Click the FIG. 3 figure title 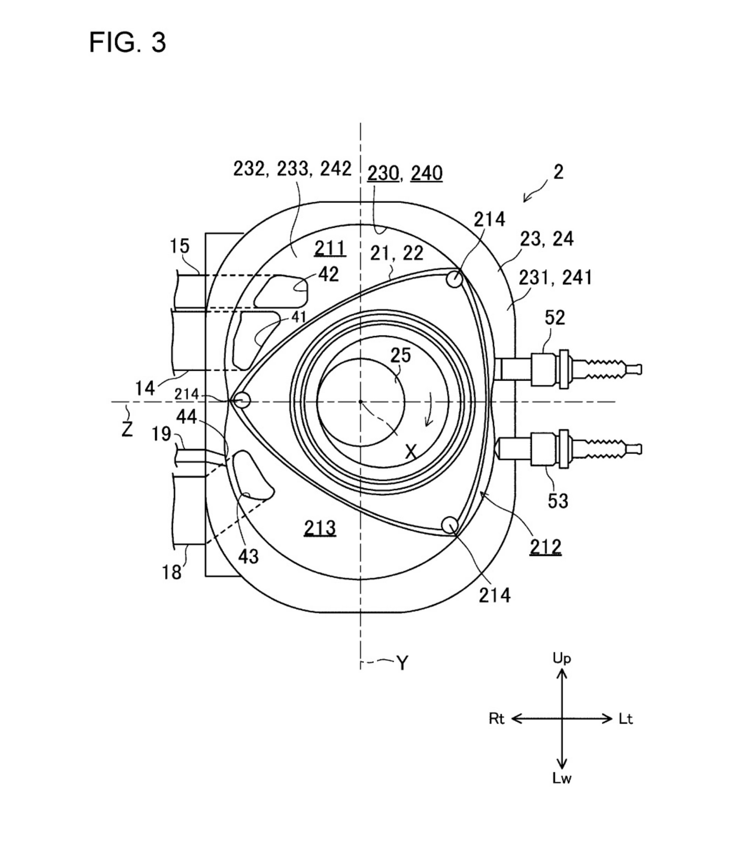tap(128, 42)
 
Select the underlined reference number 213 tap(320, 528)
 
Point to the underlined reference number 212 tap(545, 547)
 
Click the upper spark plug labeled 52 tap(568, 369)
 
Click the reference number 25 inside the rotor tap(400, 355)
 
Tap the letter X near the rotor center tap(411, 452)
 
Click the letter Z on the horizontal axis tap(127, 429)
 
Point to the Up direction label tap(561, 659)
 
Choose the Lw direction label tap(561, 778)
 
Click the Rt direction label tap(496, 719)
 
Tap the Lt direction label tap(626, 719)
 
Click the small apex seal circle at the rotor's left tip tap(242, 400)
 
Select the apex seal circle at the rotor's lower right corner tap(450, 524)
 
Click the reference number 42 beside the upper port tap(328, 275)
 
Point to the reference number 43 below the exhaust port tap(248, 557)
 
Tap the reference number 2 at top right tap(558, 172)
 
